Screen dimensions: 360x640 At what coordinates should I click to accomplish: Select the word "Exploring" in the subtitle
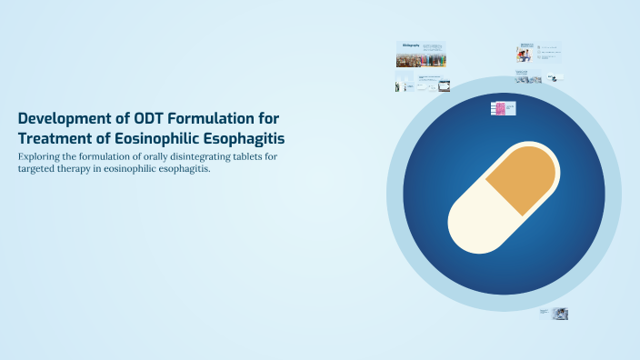(40, 157)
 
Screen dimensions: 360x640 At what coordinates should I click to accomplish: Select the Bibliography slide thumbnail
(421, 55)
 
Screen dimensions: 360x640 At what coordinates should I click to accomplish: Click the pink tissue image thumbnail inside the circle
(498, 109)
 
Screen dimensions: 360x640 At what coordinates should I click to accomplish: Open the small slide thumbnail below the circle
(554, 313)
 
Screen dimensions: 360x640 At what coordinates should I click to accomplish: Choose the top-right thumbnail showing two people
(525, 52)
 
